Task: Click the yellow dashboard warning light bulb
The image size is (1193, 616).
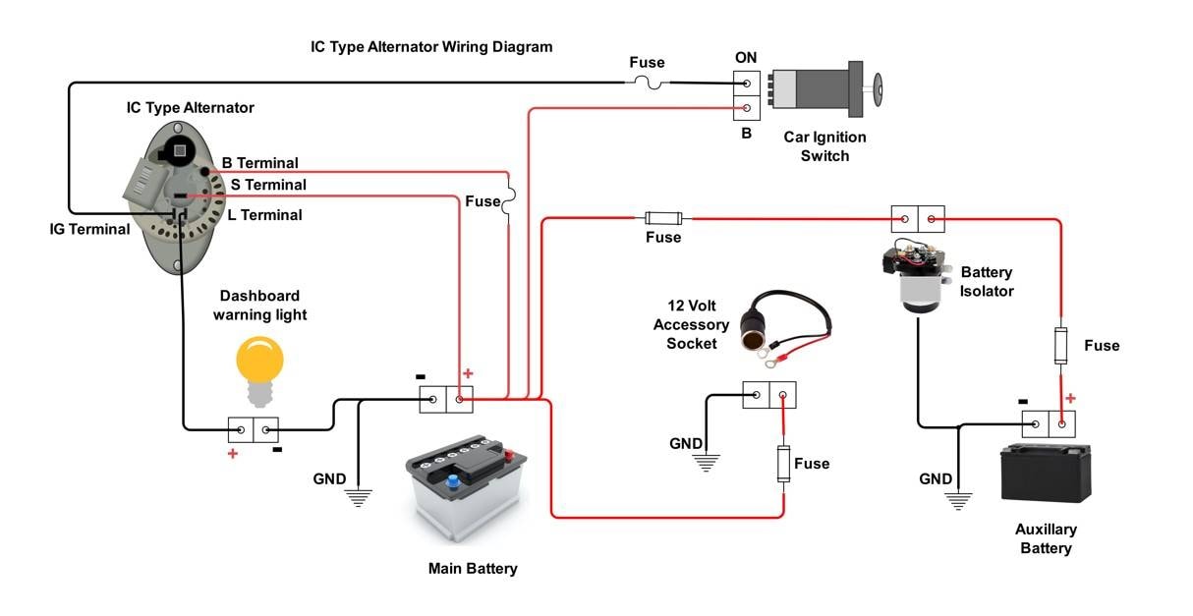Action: [x=259, y=371]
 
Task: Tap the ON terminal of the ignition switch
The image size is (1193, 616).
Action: [x=747, y=84]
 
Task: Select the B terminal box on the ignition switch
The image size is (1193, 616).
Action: [x=747, y=108]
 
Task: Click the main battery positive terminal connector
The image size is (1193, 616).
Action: [x=460, y=399]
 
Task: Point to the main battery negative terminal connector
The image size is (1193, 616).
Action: [x=433, y=399]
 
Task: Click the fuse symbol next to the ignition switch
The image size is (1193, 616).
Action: [x=648, y=83]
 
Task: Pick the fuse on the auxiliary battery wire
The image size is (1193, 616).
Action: [x=1060, y=346]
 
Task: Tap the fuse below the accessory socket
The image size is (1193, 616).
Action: [x=783, y=464]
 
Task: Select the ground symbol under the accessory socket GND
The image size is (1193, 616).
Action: [x=707, y=463]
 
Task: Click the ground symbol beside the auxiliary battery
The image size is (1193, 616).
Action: [x=958, y=501]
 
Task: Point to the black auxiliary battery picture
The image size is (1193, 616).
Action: [x=1046, y=474]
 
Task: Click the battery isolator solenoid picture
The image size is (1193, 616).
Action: [x=917, y=277]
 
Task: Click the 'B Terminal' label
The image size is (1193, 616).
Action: [x=259, y=163]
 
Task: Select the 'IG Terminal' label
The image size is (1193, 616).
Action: [x=89, y=230]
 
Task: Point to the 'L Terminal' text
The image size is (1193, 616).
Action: [x=264, y=215]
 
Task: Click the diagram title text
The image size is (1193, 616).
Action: [x=431, y=47]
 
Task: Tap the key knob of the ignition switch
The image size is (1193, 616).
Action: [x=877, y=88]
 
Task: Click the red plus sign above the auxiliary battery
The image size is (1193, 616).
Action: [x=1070, y=398]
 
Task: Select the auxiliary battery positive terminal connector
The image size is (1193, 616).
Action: [x=1062, y=424]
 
